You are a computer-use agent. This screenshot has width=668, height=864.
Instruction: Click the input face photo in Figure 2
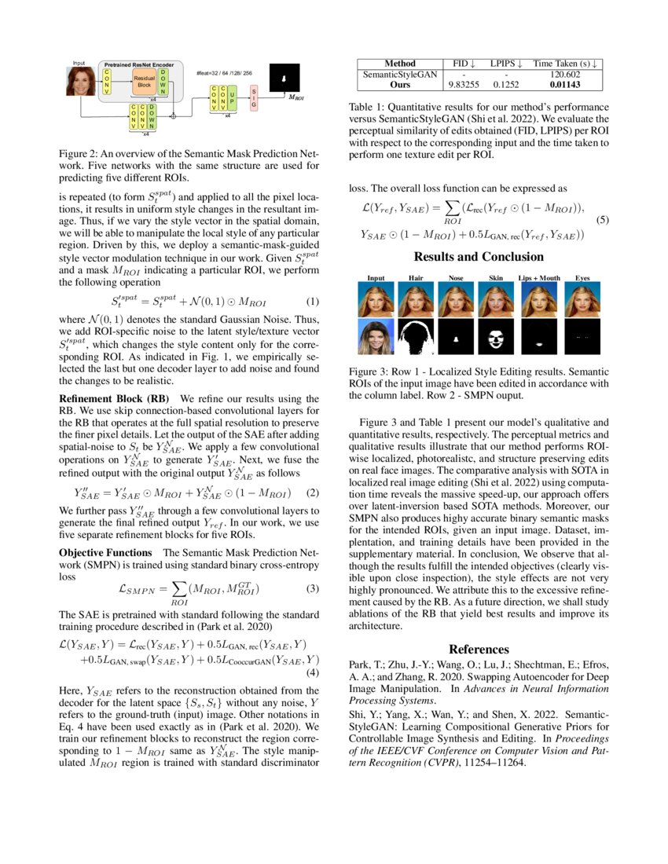pos(81,82)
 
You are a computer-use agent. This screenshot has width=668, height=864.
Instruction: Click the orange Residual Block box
pos(145,80)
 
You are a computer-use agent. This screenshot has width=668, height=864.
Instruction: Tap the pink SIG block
pos(253,98)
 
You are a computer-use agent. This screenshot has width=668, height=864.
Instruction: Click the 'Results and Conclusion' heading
pos(479,257)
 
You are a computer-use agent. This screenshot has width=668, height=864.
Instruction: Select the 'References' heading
pos(479,649)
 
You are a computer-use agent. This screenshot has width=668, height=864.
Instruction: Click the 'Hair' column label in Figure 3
pos(415,277)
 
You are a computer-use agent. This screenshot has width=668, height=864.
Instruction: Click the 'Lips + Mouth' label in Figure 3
pos(539,277)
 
